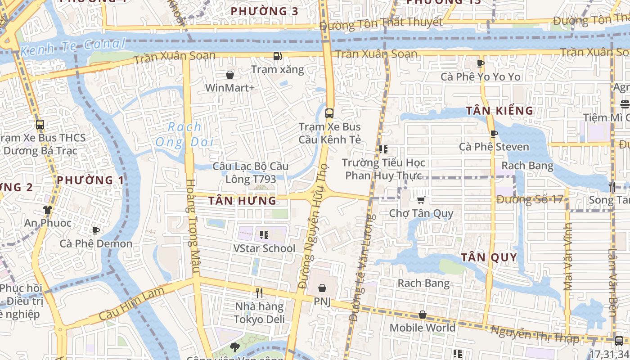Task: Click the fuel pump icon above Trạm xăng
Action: point(278,56)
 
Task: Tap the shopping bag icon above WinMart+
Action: point(230,74)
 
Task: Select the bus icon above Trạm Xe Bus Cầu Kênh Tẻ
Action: point(329,113)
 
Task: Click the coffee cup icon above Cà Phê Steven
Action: point(494,134)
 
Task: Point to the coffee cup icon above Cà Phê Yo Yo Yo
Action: point(480,63)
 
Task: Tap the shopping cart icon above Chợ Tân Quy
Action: point(421,200)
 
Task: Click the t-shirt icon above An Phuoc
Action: point(48,209)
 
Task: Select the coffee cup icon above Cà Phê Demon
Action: point(95,230)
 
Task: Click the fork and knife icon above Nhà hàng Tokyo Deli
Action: point(259,293)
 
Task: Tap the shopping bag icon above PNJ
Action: point(322,288)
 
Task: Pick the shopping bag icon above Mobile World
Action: point(422,315)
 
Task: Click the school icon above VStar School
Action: point(264,234)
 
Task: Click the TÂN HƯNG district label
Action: point(243,201)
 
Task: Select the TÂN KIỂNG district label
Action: point(499,111)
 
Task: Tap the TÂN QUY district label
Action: point(489,257)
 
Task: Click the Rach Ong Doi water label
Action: point(184,135)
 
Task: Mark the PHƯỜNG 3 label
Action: point(264,11)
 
